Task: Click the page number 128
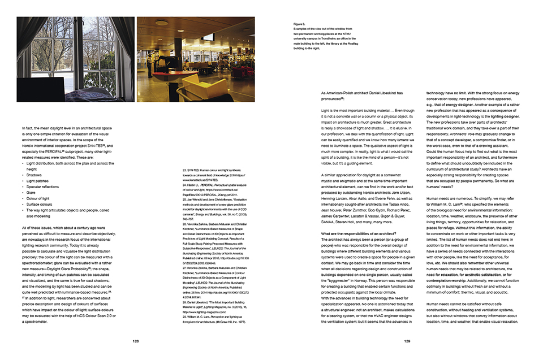136,341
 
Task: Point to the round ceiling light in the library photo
162,23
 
